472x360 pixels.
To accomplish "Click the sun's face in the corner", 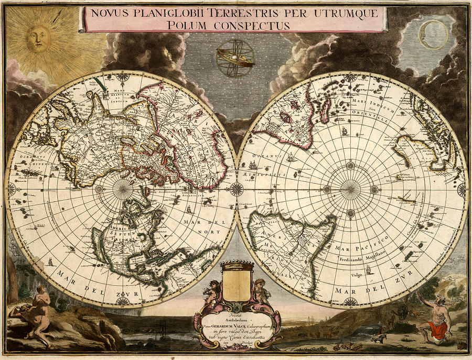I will (x=39, y=39).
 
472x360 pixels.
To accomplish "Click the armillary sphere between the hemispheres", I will (x=235, y=58).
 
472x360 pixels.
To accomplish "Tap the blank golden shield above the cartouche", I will (x=236, y=282).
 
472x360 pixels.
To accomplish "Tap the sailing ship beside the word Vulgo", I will (x=368, y=270).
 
